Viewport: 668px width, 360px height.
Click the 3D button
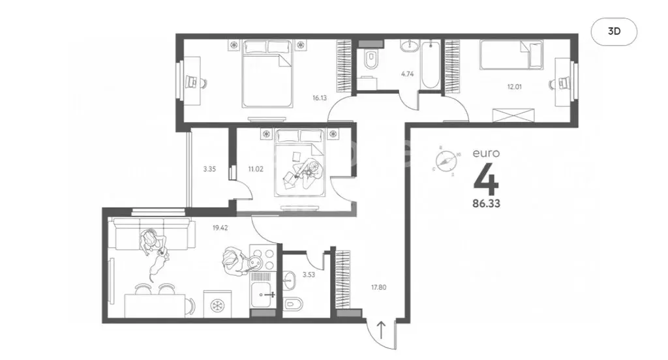(613, 32)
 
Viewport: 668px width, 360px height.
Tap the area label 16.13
(319, 98)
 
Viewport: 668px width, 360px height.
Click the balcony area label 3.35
(209, 169)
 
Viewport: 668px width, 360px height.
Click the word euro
(487, 154)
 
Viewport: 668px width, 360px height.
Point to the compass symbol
(448, 160)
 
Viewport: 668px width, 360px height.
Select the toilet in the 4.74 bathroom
(371, 59)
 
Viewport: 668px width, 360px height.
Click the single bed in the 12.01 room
(511, 54)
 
